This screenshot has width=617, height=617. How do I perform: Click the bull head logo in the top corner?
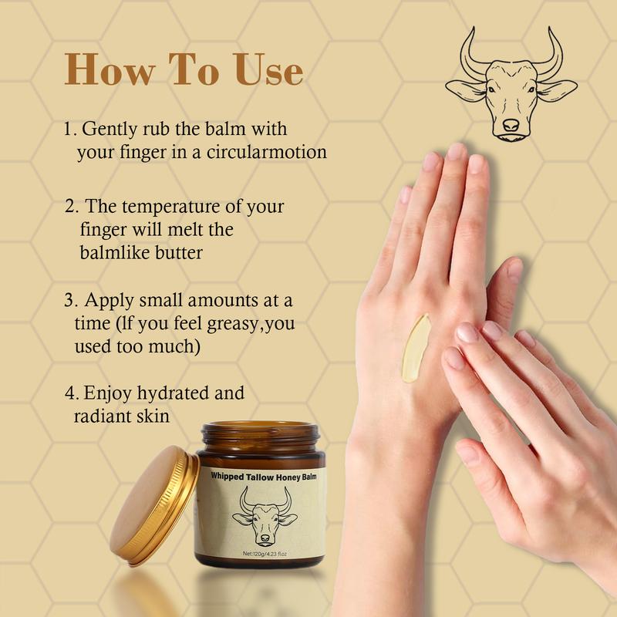pos(511,85)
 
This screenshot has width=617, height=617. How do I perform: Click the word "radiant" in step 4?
pos(100,416)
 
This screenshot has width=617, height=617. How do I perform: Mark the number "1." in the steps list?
pos(70,128)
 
